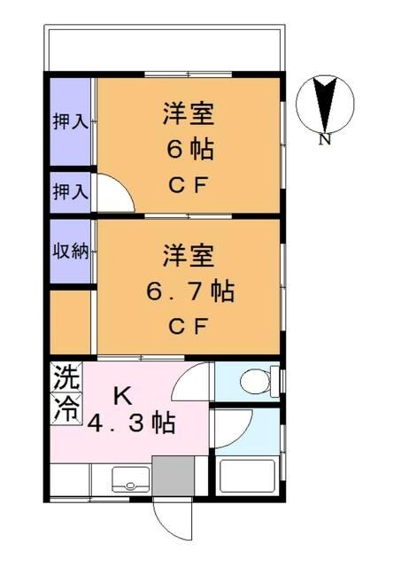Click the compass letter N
click(325, 139)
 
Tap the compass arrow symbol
click(325, 104)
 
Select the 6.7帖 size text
click(189, 290)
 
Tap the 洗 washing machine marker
click(66, 380)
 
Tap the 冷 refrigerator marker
click(66, 408)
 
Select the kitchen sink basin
click(130, 482)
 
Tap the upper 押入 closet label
click(69, 120)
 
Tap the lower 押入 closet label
click(69, 190)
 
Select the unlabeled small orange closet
click(69, 321)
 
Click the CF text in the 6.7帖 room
click(189, 324)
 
